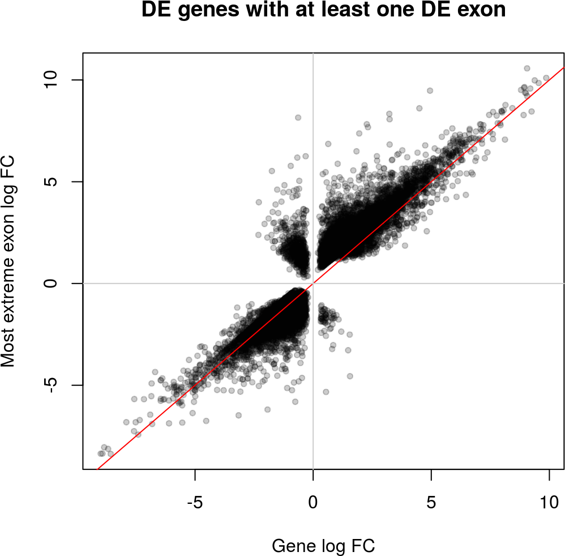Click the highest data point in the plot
[527, 68]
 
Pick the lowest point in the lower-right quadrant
[326, 392]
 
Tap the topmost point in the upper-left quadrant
[298, 117]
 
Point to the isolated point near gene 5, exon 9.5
[430, 91]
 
